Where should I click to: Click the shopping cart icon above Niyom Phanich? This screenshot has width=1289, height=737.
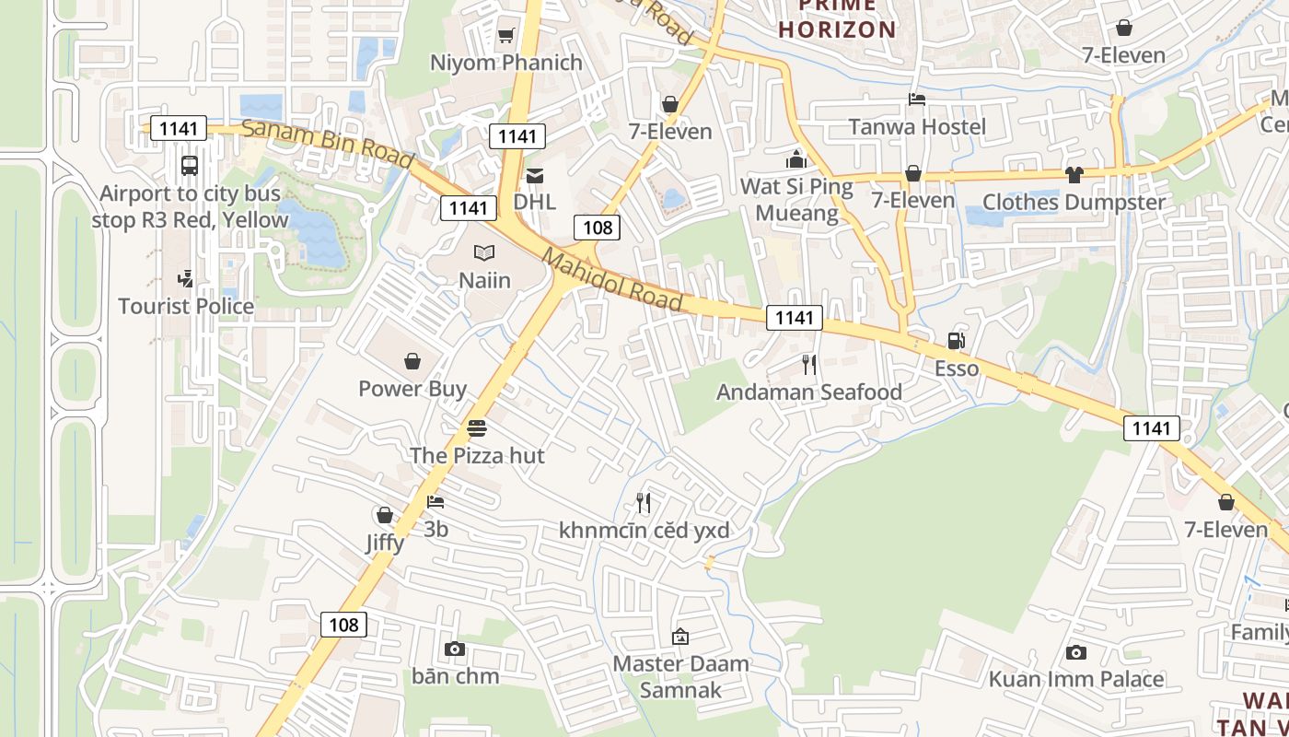(x=505, y=36)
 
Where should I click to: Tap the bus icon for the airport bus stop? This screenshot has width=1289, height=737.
(x=190, y=166)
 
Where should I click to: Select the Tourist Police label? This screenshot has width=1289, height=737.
(x=186, y=306)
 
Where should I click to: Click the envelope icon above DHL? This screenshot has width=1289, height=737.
(x=535, y=175)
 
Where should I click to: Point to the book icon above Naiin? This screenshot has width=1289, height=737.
(x=484, y=252)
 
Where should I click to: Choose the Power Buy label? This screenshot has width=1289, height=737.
(x=412, y=388)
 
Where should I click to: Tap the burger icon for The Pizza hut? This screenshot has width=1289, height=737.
(x=476, y=428)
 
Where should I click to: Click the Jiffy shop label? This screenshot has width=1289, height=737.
(x=385, y=542)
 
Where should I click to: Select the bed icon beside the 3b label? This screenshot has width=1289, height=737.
(x=435, y=502)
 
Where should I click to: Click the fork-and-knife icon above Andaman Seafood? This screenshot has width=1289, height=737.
(x=809, y=365)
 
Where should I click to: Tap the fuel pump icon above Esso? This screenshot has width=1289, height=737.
(x=957, y=341)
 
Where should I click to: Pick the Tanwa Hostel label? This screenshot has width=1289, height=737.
(x=917, y=126)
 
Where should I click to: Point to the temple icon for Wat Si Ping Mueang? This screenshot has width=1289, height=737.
(x=796, y=159)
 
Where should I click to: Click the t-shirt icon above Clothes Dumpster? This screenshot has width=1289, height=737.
(x=1074, y=174)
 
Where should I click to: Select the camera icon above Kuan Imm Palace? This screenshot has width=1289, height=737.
(x=1075, y=652)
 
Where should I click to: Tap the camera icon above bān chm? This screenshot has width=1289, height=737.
(x=455, y=649)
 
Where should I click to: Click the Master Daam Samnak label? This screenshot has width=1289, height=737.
(x=681, y=676)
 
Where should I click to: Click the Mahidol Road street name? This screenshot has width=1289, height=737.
(x=612, y=279)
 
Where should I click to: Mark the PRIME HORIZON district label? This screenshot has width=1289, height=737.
(x=837, y=18)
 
